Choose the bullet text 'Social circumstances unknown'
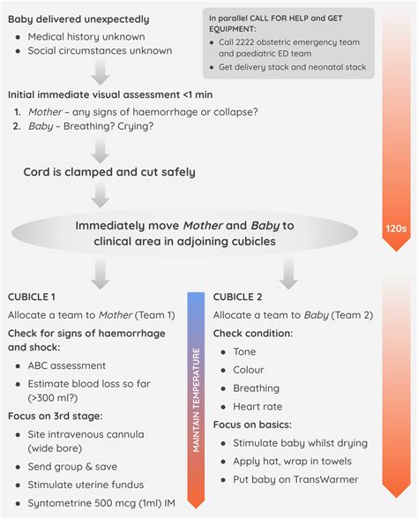click(x=100, y=50)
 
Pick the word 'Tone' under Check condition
click(x=244, y=351)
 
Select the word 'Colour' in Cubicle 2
click(x=248, y=370)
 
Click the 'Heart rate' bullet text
click(x=257, y=406)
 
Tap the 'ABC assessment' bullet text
click(x=67, y=365)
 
